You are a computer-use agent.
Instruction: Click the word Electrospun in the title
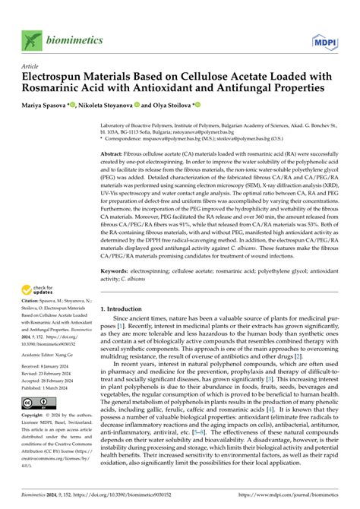[54, 77]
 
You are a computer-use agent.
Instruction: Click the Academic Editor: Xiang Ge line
[50, 353]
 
